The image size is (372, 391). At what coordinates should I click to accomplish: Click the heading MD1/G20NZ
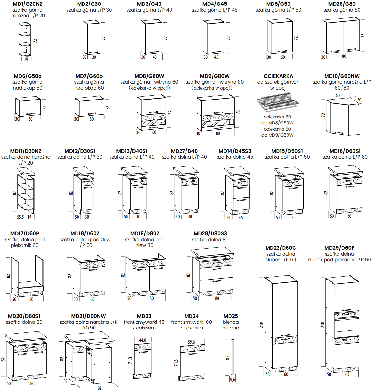[x=28, y=4]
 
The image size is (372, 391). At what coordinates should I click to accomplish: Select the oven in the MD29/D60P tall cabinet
[x=347, y=324]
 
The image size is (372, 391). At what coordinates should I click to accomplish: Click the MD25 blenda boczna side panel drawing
[x=232, y=357]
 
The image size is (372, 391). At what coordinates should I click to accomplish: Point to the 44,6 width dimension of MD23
[x=143, y=340]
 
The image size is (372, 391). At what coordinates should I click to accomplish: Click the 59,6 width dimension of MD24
[x=191, y=342]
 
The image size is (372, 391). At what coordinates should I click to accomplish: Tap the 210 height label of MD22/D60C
[x=261, y=325]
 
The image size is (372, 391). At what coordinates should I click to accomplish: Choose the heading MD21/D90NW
[x=89, y=316]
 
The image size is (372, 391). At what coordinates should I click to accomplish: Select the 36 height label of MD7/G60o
[x=108, y=107]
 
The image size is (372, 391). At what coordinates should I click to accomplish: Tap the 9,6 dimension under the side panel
[x=233, y=379]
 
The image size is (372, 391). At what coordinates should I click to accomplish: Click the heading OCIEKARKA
[x=278, y=76]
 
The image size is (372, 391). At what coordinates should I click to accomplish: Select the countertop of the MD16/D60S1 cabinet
[x=345, y=170]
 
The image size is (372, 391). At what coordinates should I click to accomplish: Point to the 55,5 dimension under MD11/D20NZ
[x=20, y=217]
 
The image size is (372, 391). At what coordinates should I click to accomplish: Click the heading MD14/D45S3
[x=235, y=151]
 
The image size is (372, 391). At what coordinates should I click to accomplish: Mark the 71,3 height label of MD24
[x=176, y=363]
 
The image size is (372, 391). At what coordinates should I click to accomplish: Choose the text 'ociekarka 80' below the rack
[x=277, y=129]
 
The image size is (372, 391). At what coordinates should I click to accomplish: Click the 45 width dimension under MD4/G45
[x=216, y=57]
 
